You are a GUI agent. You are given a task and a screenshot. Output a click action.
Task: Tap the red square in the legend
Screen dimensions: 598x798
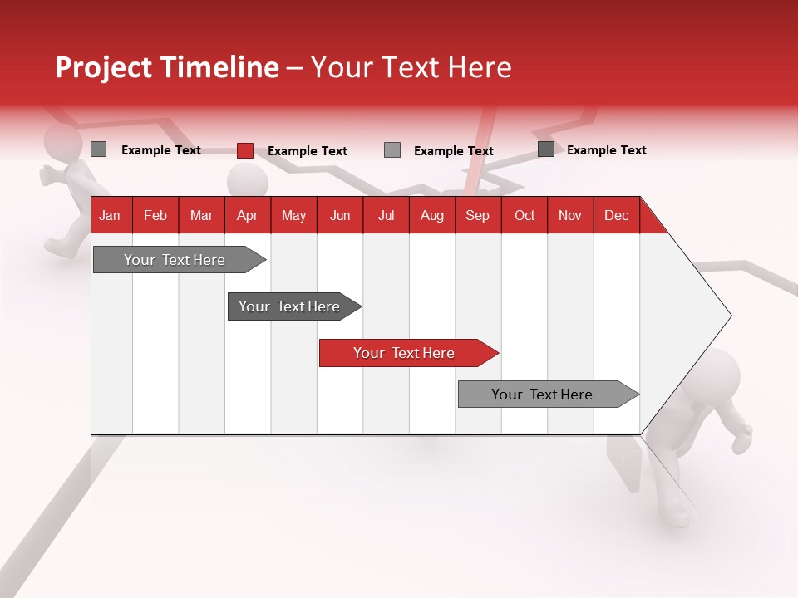(244, 150)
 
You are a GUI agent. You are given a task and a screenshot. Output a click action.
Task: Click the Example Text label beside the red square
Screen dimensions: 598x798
(307, 151)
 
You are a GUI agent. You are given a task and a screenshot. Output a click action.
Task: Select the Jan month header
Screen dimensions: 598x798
(110, 215)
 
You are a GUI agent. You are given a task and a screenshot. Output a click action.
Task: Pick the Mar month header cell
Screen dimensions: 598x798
(201, 215)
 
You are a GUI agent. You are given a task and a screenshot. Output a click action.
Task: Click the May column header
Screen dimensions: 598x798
(293, 215)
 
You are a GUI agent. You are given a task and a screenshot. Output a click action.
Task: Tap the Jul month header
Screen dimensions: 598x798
(386, 215)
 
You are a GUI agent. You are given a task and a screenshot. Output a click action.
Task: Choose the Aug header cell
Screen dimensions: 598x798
(431, 215)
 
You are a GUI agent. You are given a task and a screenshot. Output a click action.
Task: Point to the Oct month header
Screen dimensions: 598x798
(525, 215)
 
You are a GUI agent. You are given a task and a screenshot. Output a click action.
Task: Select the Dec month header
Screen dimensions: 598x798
(616, 215)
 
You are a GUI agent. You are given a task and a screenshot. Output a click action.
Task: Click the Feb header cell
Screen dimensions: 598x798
(155, 215)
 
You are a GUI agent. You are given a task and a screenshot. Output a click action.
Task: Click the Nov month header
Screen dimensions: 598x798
(570, 215)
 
